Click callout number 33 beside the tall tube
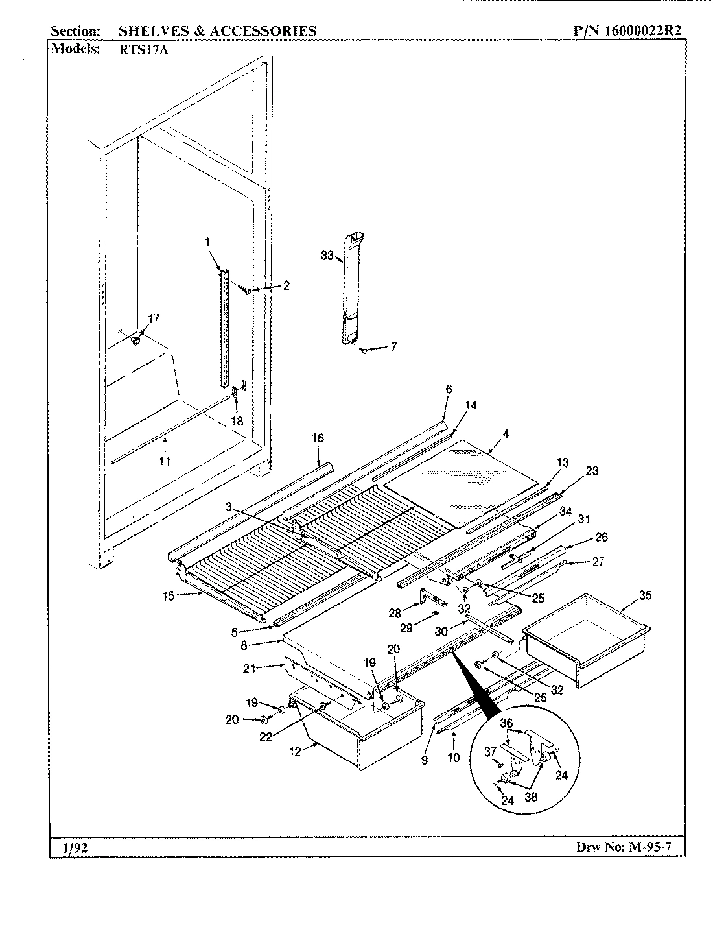(x=327, y=256)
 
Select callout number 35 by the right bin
(x=627, y=595)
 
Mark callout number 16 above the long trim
(x=318, y=438)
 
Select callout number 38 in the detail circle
(x=530, y=798)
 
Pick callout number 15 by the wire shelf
(x=169, y=596)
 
